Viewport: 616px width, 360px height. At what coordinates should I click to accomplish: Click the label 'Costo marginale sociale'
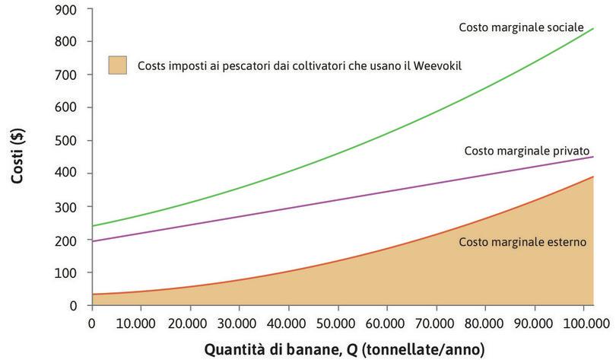521,27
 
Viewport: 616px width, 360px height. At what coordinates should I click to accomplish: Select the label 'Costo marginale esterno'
522,243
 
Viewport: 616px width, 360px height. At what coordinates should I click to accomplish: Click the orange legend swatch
117,65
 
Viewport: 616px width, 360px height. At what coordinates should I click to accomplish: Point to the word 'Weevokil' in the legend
438,65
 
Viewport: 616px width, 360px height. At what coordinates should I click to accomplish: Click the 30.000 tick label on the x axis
239,322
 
